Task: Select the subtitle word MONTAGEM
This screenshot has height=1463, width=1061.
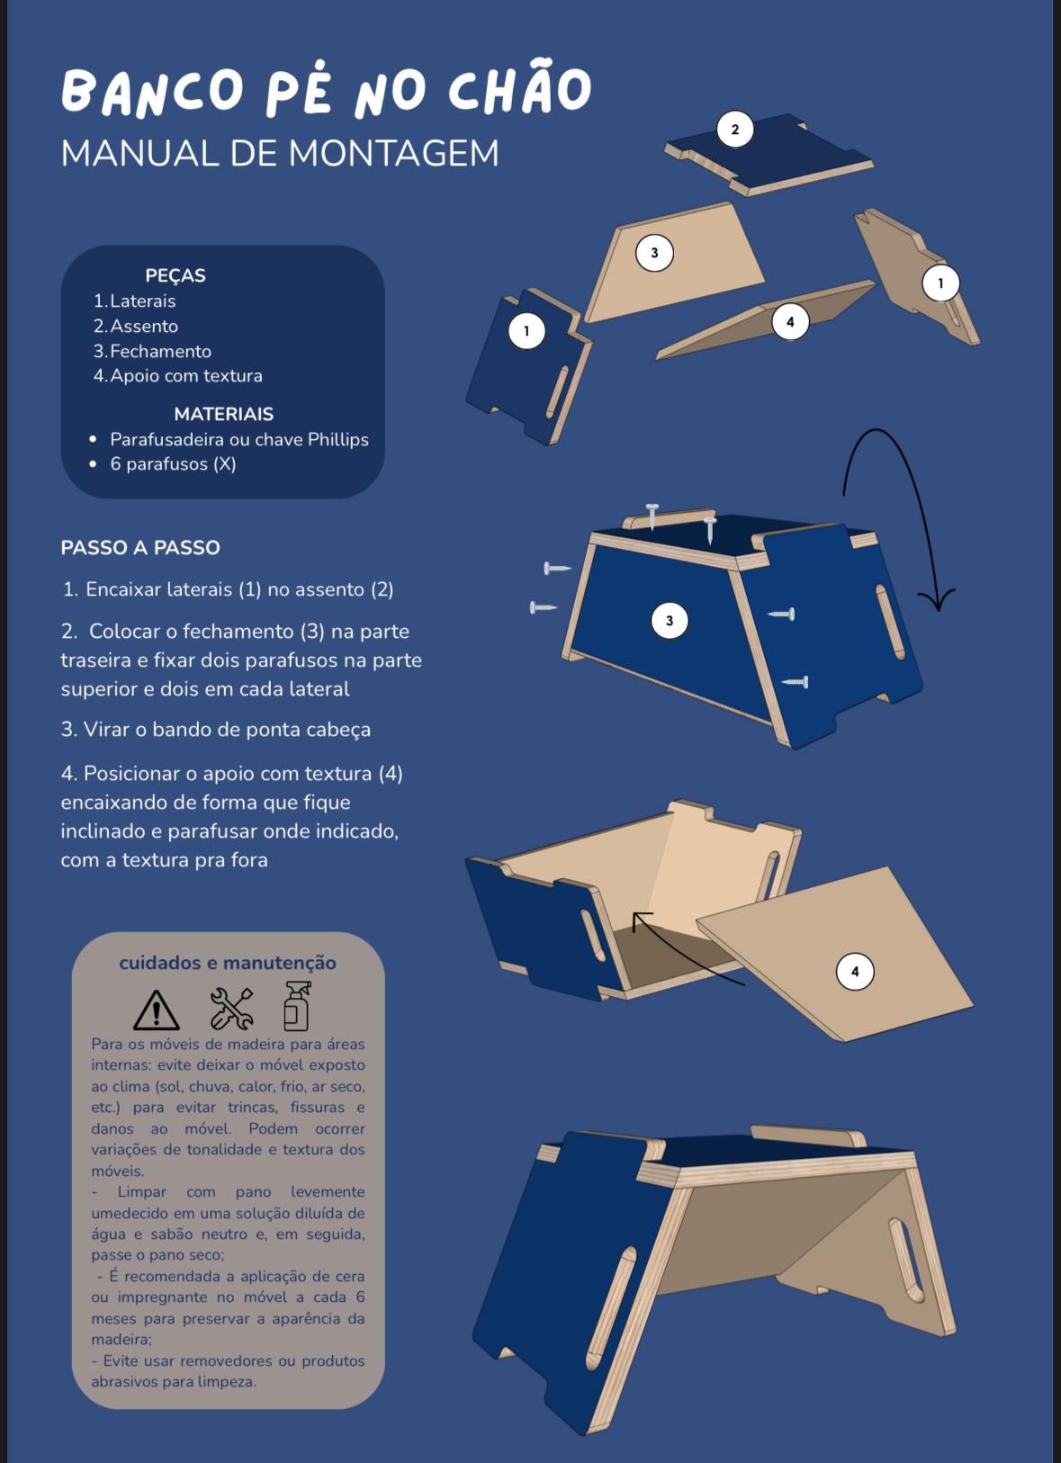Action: (393, 154)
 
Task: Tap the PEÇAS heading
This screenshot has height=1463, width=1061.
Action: (175, 275)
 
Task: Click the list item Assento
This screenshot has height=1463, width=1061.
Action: (144, 326)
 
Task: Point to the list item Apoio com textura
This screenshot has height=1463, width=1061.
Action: (186, 375)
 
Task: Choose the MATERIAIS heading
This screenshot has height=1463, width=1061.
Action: (223, 414)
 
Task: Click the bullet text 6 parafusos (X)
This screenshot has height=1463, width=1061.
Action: (173, 464)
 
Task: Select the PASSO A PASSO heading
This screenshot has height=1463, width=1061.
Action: (140, 547)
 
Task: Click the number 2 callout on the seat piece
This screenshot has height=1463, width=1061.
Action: (735, 130)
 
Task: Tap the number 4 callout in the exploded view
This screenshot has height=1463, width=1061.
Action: (790, 321)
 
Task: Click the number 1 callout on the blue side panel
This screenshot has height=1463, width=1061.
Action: (526, 330)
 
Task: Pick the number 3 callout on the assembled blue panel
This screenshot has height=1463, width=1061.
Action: (669, 620)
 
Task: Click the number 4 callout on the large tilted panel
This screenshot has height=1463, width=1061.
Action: (855, 971)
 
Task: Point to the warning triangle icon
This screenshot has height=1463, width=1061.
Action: (157, 1010)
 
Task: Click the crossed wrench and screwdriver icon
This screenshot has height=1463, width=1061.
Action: (231, 1009)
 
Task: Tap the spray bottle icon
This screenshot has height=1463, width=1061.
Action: (297, 1006)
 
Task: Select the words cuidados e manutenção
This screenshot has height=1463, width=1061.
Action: (228, 963)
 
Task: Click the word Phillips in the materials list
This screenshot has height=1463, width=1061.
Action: (337, 440)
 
